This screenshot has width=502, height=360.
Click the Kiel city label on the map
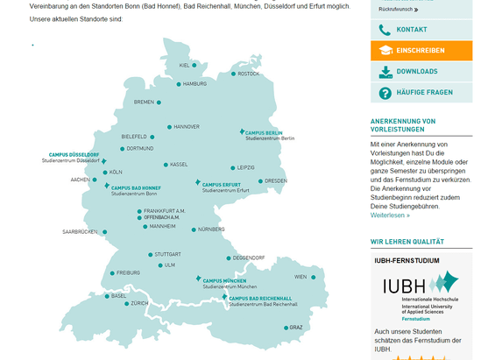[184, 65]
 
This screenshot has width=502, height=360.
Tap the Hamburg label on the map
[194, 84]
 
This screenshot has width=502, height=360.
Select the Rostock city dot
[233, 74]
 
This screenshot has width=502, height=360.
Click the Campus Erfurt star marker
[198, 183]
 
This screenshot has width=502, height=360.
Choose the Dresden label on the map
[275, 181]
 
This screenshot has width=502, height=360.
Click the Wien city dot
[313, 277]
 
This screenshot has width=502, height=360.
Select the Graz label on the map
[296, 328]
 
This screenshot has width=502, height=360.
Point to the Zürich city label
[139, 303]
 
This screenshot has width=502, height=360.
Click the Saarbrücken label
[79, 232]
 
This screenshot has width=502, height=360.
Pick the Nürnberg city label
[211, 229]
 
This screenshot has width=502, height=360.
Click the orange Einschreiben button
[421, 51]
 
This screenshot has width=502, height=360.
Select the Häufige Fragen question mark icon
[385, 93]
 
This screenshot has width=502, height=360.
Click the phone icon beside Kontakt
[385, 30]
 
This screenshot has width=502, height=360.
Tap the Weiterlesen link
[390, 215]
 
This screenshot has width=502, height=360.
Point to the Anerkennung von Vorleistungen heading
[403, 125]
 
